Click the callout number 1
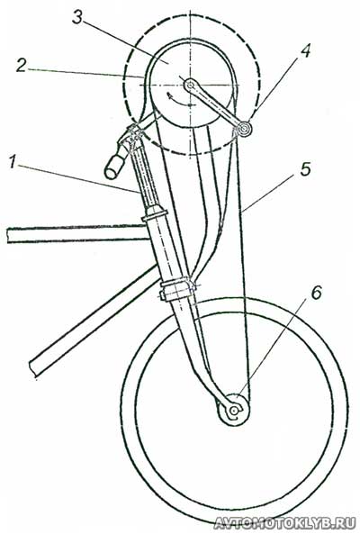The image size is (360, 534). [13, 162]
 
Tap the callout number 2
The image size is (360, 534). [21, 66]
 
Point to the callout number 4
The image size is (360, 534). [305, 51]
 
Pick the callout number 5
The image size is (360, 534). [305, 169]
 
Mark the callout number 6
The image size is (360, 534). [316, 293]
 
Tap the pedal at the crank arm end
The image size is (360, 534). [244, 129]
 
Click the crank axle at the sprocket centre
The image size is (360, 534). [190, 84]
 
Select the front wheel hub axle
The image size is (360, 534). [233, 411]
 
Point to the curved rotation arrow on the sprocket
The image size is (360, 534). [180, 99]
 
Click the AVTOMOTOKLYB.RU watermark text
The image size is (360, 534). [284, 523]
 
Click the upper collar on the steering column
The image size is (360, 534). [155, 215]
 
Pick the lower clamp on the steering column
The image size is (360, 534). [177, 289]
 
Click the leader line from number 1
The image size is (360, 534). [78, 179]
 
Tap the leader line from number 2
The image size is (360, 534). [85, 73]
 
